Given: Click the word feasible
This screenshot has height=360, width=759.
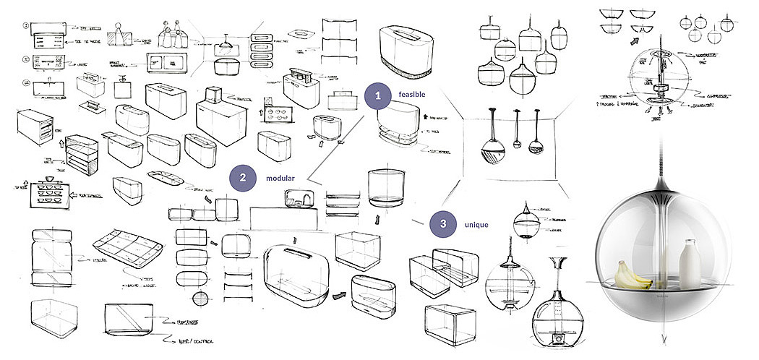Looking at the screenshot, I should [x=412, y=95].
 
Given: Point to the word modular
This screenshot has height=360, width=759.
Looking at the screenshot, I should [x=279, y=178].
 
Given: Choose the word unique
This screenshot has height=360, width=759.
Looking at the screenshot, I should [x=476, y=225].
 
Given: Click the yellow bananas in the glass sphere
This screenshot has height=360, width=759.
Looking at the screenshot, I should [x=632, y=275].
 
